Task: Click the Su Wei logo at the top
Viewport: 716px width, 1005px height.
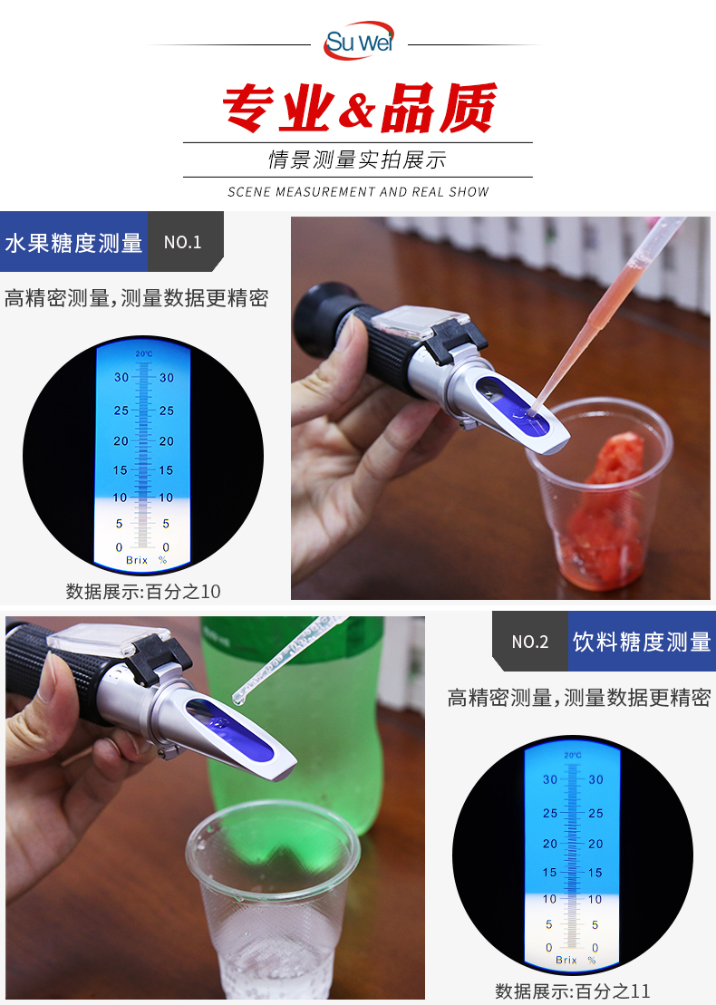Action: click(x=358, y=41)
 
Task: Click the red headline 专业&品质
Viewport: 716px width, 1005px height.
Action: click(x=360, y=108)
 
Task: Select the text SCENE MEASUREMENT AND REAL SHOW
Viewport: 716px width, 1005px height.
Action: click(x=358, y=191)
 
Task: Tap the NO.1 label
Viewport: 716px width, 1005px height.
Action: click(x=183, y=242)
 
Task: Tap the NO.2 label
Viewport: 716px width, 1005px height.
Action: click(x=530, y=642)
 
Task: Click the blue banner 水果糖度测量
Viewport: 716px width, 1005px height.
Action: click(x=73, y=243)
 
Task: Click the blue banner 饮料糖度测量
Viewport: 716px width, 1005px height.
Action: click(x=642, y=642)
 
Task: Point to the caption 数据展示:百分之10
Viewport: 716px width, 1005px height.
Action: click(x=143, y=591)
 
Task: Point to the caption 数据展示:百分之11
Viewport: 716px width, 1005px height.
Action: click(x=573, y=991)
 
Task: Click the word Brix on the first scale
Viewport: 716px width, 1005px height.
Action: click(x=137, y=560)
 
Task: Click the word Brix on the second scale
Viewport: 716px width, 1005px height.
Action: click(x=566, y=960)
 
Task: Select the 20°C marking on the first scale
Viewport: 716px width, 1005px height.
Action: click(x=143, y=353)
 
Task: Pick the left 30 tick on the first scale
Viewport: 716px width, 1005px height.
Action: click(x=121, y=378)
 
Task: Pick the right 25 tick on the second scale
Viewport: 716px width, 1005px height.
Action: click(x=595, y=813)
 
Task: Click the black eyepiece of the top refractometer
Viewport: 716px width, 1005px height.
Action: click(x=321, y=321)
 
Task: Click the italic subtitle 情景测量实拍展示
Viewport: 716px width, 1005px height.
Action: click(x=357, y=159)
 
